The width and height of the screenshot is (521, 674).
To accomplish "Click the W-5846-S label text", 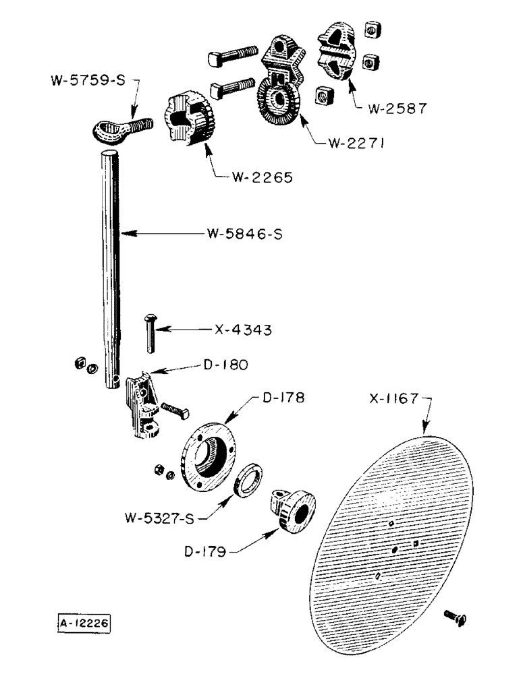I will tap(244, 234).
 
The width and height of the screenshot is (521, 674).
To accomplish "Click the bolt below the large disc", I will tap(457, 617).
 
